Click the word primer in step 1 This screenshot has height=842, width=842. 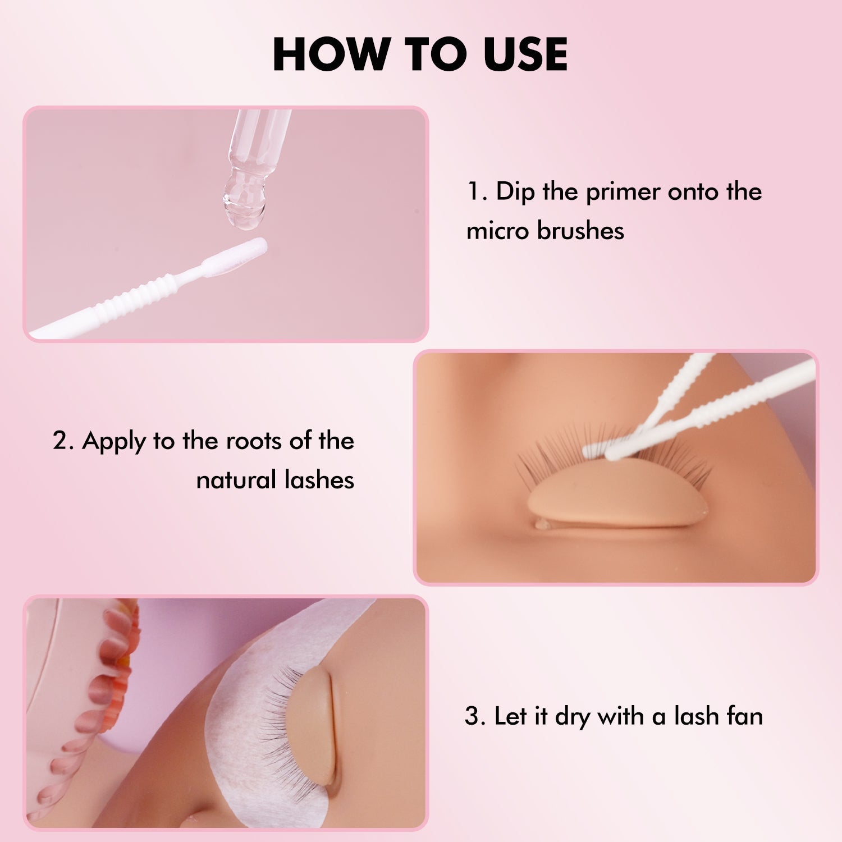tap(623, 192)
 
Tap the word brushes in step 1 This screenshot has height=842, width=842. tap(580, 231)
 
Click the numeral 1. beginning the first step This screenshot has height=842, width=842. tap(477, 192)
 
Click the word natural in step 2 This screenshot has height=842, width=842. tap(236, 481)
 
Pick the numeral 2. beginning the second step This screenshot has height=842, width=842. tap(63, 441)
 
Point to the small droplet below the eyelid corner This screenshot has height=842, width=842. tap(542, 525)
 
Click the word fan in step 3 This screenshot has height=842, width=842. tap(744, 717)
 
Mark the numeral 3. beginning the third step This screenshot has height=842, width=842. tap(474, 717)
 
